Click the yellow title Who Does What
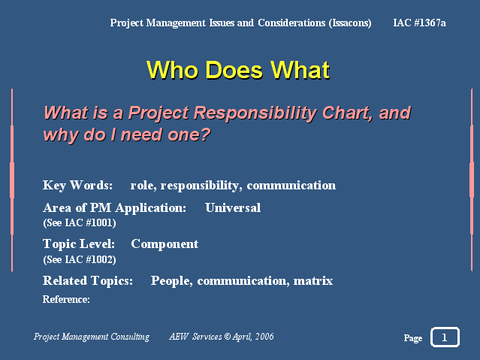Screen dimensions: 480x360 tap(238, 70)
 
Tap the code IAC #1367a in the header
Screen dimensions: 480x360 tap(419, 23)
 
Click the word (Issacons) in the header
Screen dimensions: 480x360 tap(350, 23)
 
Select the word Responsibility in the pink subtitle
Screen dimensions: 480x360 tap(255, 113)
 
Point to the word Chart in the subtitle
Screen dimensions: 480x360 tap(347, 113)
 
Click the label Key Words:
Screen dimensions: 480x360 tap(78, 186)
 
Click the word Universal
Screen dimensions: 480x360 tap(233, 207)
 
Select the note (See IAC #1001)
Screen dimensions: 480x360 tap(80, 222)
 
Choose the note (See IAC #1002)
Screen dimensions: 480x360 tap(80, 259)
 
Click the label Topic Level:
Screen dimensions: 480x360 tap(79, 244)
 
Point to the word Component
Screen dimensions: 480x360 tap(165, 244)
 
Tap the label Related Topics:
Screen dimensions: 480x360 tap(88, 280)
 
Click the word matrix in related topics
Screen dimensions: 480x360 tap(312, 280)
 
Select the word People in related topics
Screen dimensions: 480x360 tap(171, 281)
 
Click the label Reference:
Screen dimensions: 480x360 tap(66, 299)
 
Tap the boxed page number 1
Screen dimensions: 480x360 tap(445, 337)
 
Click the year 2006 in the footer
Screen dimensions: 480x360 tap(264, 337)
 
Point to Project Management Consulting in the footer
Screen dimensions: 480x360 tap(92, 337)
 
